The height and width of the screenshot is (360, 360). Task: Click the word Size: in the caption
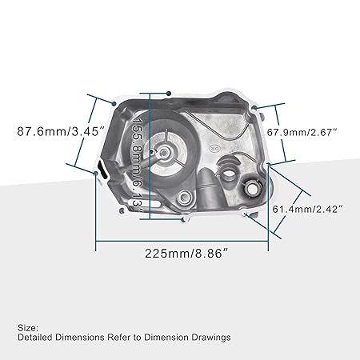(26, 327)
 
